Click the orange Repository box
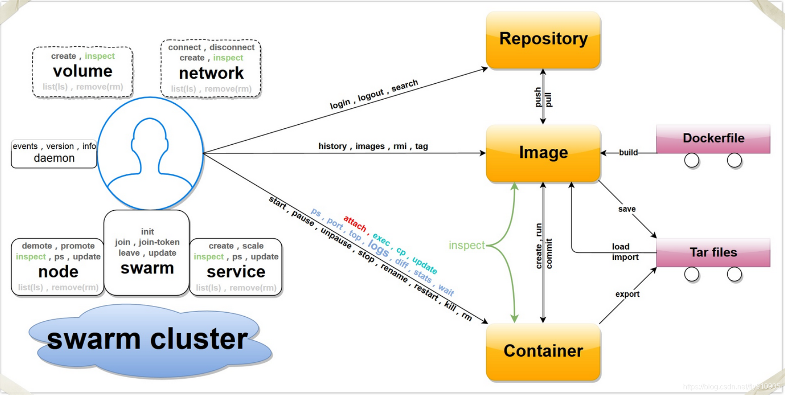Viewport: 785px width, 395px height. coord(543,40)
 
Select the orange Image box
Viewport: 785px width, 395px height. coord(543,153)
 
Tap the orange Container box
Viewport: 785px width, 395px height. coord(543,351)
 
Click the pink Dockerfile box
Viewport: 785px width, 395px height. coord(713,138)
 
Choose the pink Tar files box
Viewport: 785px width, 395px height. coord(713,252)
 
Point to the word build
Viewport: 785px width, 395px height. coord(628,152)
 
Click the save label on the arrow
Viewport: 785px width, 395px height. coord(627,209)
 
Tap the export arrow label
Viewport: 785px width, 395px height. coord(627,294)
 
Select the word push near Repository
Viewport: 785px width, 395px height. coord(538,97)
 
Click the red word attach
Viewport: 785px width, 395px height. coord(355,223)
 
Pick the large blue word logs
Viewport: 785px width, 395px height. coord(378,248)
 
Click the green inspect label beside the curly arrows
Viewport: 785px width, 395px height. coord(466,245)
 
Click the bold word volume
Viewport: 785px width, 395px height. coord(82,71)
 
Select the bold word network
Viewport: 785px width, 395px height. coord(211,73)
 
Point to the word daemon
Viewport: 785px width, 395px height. coord(54,158)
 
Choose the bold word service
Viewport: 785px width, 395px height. coord(236,272)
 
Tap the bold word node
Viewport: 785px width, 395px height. coord(58,272)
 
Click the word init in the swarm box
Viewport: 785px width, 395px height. coord(147,232)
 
